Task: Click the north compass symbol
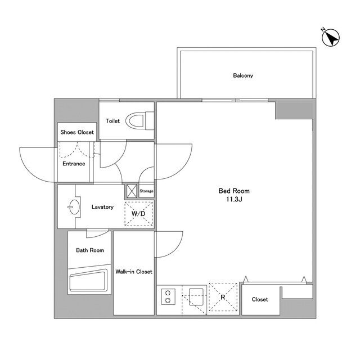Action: pos(331,37)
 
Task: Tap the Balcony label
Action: pos(243,75)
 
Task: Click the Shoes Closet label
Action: pos(77,132)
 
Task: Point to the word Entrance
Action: pos(74,164)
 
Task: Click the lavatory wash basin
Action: pos(74,207)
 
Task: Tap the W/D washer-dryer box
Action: pos(139,214)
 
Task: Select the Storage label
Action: pos(146,191)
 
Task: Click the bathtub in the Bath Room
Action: pos(88,281)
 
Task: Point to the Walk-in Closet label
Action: pos(134,272)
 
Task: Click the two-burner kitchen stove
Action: pos(168,296)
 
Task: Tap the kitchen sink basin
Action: pos(196,297)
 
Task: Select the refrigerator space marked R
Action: pos(223,298)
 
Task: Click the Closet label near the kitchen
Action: pos(260,299)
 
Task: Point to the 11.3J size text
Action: pos(234,199)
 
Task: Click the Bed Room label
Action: pos(234,191)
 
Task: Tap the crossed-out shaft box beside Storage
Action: pos(132,191)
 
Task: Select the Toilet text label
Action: pos(112,121)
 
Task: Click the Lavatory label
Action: pos(102,207)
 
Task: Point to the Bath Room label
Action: pos(90,250)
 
